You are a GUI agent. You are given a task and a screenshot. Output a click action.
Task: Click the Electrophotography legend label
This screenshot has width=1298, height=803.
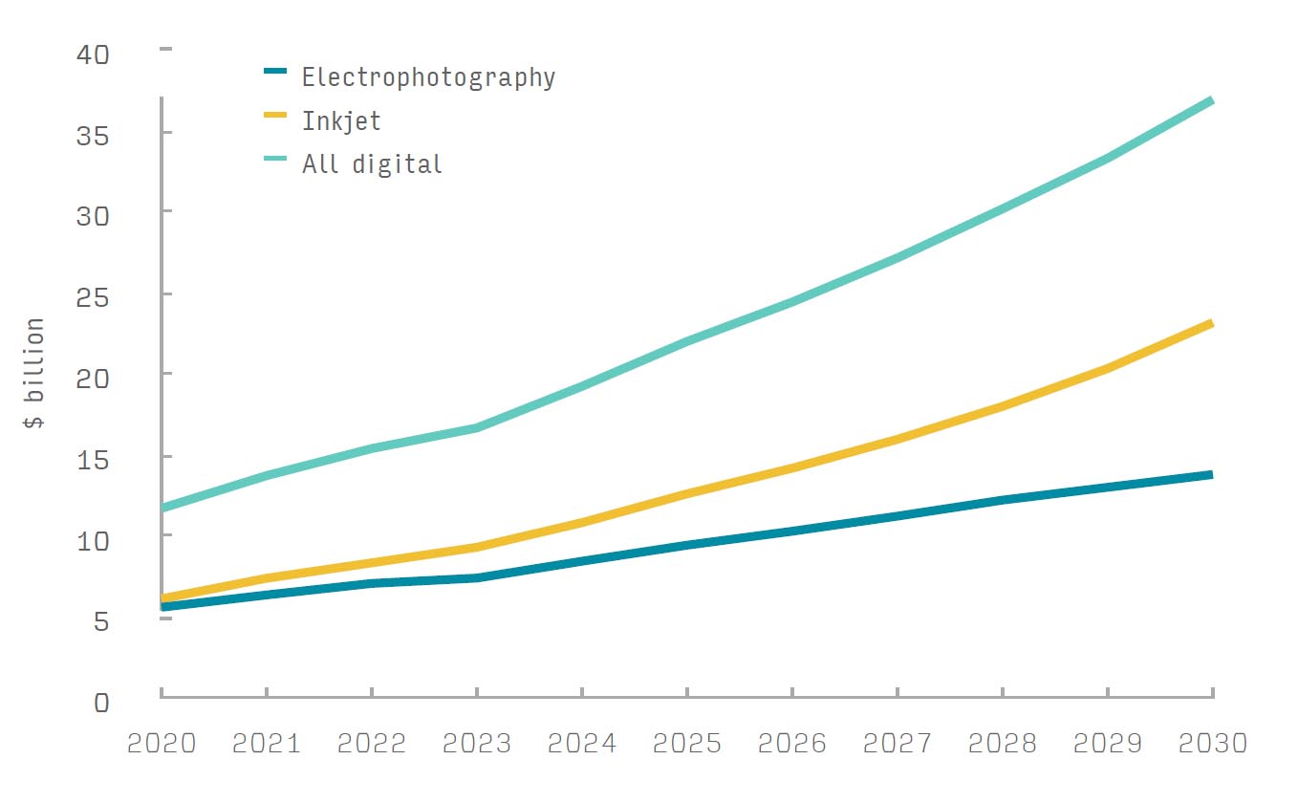tap(428, 77)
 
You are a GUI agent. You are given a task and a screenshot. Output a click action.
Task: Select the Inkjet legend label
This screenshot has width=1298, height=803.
tap(341, 121)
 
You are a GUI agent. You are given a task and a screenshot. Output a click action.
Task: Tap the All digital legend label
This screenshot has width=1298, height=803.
tap(372, 164)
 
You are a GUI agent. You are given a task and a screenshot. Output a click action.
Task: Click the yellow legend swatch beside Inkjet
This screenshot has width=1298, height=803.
tap(275, 115)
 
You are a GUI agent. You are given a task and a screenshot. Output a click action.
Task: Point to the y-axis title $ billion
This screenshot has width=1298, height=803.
tap(34, 374)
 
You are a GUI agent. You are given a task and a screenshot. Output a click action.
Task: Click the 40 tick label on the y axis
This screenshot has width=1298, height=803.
tap(93, 53)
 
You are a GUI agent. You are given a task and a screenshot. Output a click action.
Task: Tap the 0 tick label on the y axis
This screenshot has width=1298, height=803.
tap(101, 702)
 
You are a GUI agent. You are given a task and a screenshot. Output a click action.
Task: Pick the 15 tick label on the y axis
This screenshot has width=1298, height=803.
tap(93, 458)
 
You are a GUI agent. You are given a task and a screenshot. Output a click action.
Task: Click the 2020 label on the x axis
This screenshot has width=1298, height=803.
tap(162, 744)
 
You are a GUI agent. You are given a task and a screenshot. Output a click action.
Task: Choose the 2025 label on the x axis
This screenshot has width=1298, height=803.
tap(687, 744)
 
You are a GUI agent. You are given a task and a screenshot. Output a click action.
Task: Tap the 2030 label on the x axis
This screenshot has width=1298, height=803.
tap(1212, 744)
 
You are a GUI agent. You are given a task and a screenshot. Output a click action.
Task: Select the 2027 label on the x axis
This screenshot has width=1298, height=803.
tap(898, 744)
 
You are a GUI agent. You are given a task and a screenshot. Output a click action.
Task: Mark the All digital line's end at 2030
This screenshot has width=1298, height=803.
tap(1211, 100)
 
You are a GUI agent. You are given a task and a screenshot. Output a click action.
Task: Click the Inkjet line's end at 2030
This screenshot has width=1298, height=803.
tap(1211, 324)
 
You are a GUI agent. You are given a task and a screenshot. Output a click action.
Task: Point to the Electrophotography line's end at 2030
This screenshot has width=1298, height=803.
tap(1211, 474)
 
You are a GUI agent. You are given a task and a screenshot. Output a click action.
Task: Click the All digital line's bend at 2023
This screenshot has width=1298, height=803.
tap(477, 427)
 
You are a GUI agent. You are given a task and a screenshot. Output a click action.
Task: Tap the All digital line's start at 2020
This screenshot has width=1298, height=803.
tap(162, 508)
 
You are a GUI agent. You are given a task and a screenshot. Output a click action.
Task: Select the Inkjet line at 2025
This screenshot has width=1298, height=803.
tap(687, 493)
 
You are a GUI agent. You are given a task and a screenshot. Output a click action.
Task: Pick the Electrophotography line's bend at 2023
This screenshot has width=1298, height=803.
tap(477, 577)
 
